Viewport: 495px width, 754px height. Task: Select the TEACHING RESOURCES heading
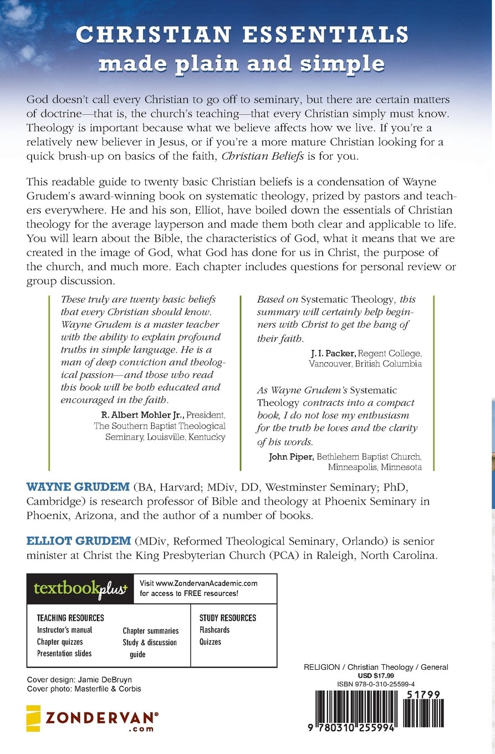tap(70, 618)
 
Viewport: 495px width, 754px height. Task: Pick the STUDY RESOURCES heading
tap(228, 618)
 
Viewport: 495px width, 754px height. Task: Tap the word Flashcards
tap(215, 630)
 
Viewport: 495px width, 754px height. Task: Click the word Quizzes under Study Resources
tap(210, 641)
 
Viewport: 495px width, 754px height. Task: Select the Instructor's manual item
tap(64, 630)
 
